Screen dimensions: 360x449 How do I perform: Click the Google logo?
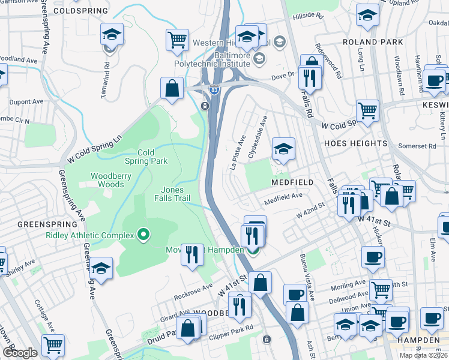[20, 353]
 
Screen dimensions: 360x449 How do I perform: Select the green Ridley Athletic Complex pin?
[143, 234]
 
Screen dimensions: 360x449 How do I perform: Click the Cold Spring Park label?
[145, 157]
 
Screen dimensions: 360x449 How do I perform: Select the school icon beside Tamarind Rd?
[112, 35]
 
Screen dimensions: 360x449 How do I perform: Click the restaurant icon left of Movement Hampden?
[192, 254]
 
